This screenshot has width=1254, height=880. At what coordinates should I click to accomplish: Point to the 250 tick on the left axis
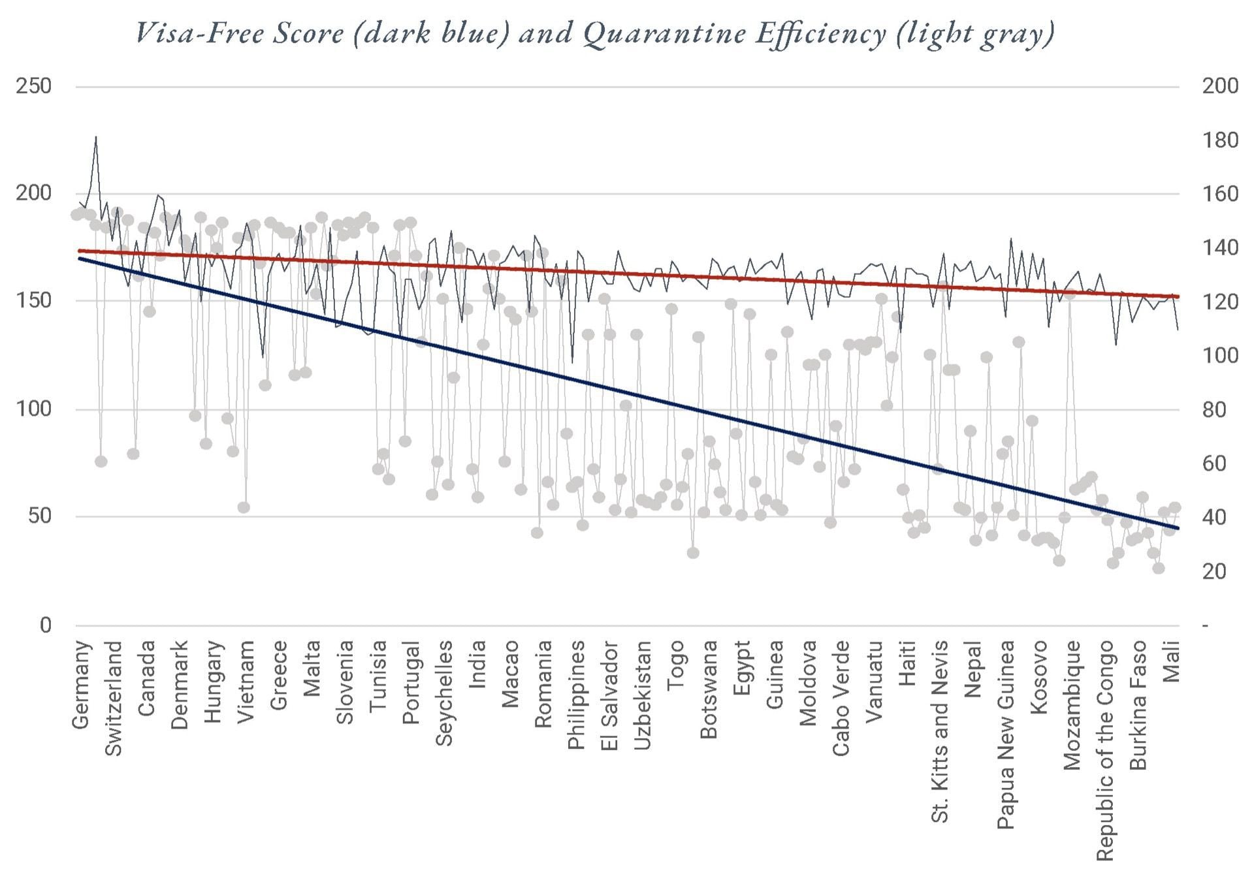coord(33,86)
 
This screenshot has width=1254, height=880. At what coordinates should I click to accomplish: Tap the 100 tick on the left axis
coord(33,409)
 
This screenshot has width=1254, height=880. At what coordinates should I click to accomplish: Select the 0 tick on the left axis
coord(45,625)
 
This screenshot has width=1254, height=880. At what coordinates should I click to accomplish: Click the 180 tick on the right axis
coord(1220,140)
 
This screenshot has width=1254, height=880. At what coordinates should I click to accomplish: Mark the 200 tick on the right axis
coord(1220,86)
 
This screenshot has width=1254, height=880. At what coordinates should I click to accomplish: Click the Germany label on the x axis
coord(81,685)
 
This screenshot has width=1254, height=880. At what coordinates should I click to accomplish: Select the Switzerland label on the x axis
coord(114,699)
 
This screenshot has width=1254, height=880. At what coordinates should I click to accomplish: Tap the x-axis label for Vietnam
coord(246,682)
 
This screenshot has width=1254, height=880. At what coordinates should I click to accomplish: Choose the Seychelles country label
coord(444,693)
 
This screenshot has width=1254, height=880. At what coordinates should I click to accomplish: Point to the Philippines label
coord(576,695)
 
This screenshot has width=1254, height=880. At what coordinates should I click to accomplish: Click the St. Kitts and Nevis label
coord(939,731)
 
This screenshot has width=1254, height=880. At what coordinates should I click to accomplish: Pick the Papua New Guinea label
coord(1006,734)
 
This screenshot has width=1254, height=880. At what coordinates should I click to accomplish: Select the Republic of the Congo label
coord(1104,751)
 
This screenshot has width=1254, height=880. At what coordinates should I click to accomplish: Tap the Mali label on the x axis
coord(1172,661)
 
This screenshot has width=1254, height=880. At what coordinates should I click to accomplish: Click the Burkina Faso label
coord(1138,705)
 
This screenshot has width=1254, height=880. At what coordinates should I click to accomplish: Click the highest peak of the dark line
coord(96,137)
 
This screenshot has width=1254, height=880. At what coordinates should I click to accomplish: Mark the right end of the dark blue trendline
coord(1178,527)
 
